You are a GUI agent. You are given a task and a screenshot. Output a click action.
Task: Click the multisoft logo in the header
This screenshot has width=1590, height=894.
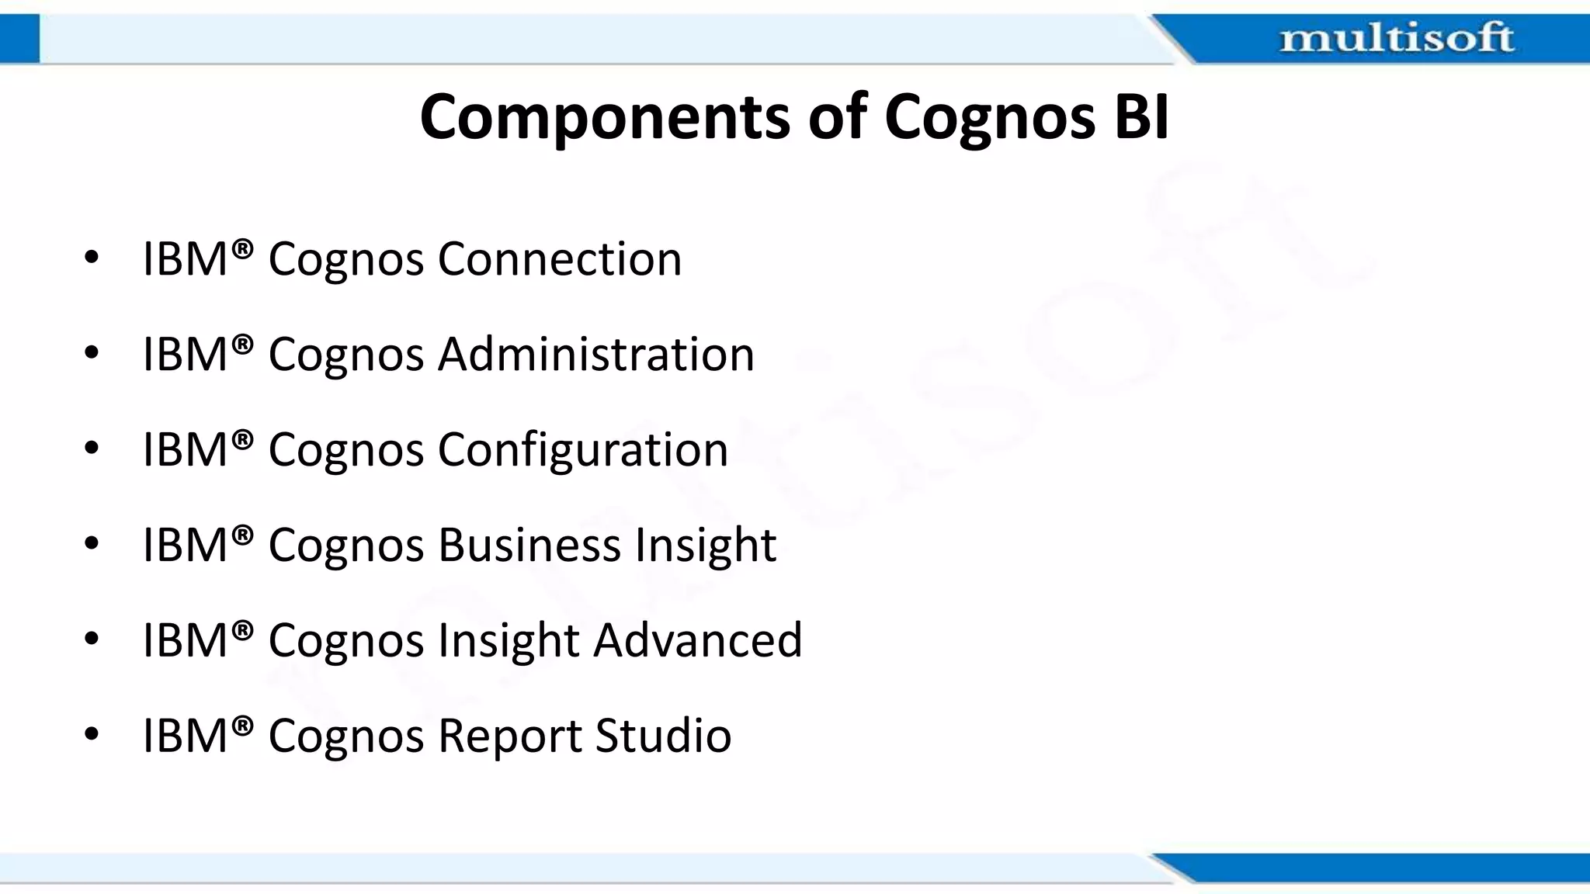coord(1396,38)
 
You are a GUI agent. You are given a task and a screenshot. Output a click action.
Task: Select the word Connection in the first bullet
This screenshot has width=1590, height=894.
coord(560,258)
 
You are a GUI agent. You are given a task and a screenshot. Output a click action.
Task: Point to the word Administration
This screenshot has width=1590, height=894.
coord(596,354)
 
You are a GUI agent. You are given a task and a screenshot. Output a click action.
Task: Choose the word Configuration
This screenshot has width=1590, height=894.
coord(583,450)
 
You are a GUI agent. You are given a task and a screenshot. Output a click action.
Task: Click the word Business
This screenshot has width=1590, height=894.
coord(529,545)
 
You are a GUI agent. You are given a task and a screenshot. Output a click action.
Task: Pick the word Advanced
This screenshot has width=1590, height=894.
coord(698,640)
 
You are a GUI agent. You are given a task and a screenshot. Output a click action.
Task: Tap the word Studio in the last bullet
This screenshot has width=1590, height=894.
coord(663,736)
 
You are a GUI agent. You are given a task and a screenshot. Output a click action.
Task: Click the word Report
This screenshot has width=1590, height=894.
coord(510,736)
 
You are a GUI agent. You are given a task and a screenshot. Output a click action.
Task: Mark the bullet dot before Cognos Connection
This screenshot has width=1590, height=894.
coord(92,258)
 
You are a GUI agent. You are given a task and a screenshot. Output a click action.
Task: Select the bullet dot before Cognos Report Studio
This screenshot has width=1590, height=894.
coord(92,735)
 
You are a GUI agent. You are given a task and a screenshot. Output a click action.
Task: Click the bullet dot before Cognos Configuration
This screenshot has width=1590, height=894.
coord(92,449)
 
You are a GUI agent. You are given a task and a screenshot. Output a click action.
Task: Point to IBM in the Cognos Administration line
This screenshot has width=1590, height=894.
coord(186,354)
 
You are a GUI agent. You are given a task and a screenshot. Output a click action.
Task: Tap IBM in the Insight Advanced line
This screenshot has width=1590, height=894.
coord(186,640)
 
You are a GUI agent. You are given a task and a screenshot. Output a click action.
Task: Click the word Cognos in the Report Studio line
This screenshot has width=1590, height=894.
coord(346,737)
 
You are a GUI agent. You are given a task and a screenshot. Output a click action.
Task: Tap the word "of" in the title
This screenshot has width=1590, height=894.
coord(838,117)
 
